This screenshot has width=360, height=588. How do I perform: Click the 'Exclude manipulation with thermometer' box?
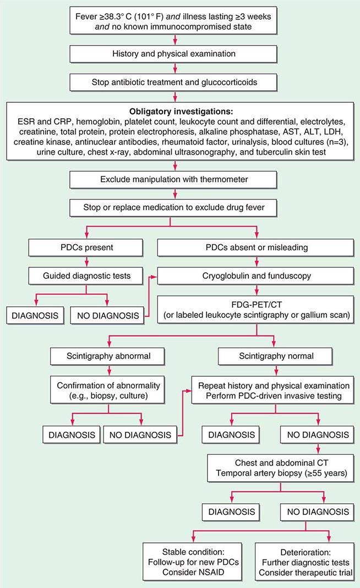coord(174,179)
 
